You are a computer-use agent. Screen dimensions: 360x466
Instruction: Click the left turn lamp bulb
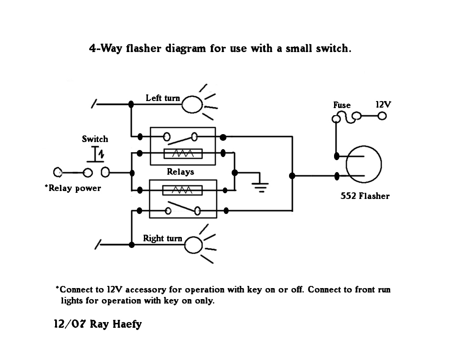(192, 105)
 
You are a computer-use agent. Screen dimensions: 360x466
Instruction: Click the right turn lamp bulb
(193, 245)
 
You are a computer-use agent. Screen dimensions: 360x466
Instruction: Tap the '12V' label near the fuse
(383, 105)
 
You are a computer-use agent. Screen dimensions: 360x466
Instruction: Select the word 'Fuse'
(342, 105)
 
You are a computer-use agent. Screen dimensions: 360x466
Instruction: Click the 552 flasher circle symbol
(364, 165)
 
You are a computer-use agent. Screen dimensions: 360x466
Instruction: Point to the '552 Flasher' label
(365, 196)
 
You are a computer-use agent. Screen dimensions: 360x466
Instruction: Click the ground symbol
(260, 187)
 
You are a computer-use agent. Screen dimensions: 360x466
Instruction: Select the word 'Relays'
(180, 172)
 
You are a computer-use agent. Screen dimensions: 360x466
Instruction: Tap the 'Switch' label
(94, 139)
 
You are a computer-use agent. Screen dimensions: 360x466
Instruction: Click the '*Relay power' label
(73, 188)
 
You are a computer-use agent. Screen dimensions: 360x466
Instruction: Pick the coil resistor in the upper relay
(183, 154)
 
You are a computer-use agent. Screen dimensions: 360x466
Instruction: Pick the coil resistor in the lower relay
(183, 190)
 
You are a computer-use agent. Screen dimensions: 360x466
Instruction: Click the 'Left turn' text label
(163, 98)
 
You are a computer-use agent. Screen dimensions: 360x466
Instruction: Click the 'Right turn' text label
(162, 238)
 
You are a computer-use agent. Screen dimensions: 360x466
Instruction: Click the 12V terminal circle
(382, 116)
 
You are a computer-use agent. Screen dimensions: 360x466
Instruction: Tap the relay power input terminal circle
(58, 172)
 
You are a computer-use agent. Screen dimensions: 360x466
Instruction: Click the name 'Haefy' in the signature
(128, 324)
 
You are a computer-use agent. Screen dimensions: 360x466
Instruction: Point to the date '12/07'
(70, 324)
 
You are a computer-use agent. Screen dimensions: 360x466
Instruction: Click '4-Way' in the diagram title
(105, 48)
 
